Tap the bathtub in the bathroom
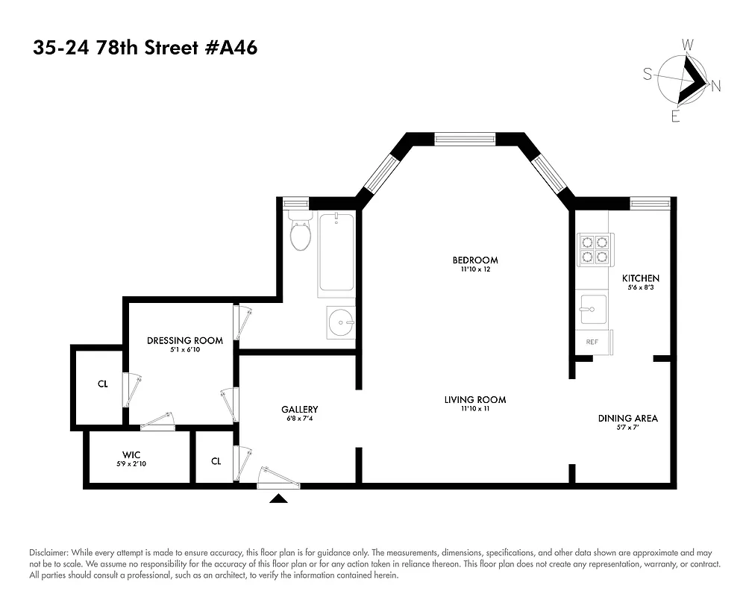point(336,255)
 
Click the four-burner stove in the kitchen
point(595,250)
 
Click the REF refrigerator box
point(592,342)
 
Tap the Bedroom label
point(474,260)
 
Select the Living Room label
point(474,400)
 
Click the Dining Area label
point(627,418)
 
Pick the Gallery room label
point(300,409)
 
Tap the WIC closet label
point(131,454)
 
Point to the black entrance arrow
point(279,498)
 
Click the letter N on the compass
point(715,86)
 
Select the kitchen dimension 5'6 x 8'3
point(641,288)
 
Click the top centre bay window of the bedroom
point(465,138)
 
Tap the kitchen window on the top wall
point(650,201)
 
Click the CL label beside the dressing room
point(102,385)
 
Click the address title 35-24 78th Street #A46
point(145,49)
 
